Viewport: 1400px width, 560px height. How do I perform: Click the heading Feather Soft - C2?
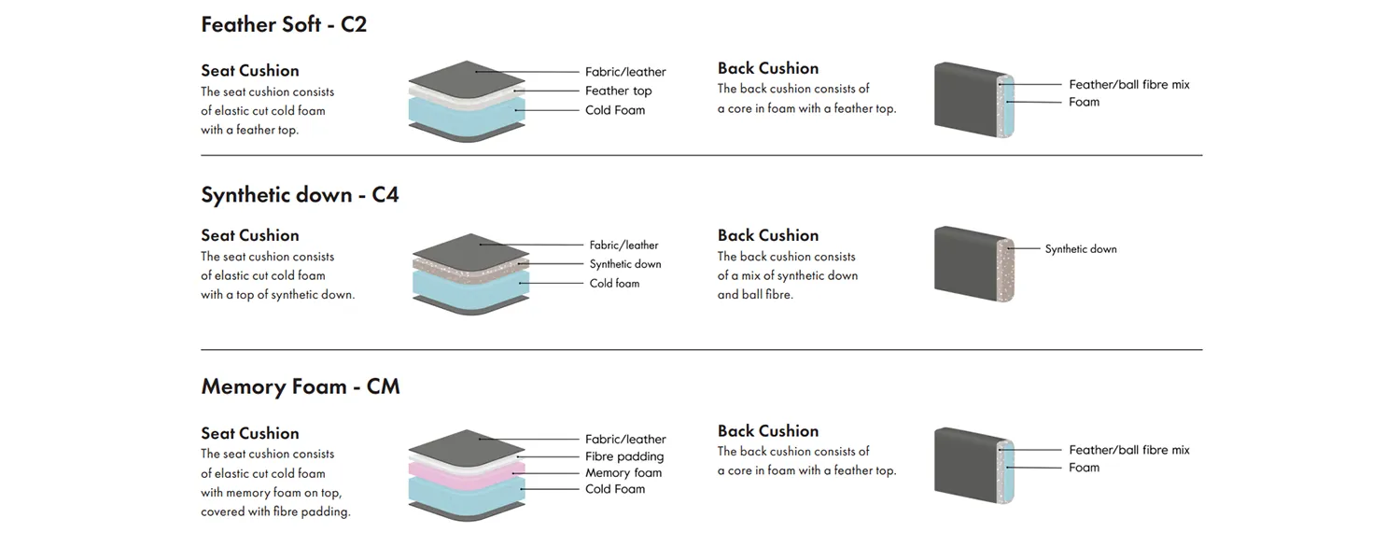(284, 24)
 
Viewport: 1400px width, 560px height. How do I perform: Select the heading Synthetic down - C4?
(300, 195)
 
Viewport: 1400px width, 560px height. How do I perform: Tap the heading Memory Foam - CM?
(300, 386)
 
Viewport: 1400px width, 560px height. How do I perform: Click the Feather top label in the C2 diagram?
(618, 91)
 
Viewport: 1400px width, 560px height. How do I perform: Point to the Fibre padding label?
(624, 456)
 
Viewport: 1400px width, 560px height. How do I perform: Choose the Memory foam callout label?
(623, 473)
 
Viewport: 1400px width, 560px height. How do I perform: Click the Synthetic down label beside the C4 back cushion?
(1080, 249)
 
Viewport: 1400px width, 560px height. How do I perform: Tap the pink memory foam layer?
(467, 470)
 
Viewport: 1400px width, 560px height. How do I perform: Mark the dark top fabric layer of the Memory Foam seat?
(467, 444)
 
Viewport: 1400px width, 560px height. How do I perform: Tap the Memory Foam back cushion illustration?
(973, 460)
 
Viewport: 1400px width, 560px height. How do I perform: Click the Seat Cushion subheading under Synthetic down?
(250, 235)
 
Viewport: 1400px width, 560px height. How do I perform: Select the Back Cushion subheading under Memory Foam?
(768, 431)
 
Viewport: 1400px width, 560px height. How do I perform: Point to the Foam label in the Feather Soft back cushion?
(1084, 102)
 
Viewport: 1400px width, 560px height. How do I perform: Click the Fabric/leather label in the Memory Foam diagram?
(625, 440)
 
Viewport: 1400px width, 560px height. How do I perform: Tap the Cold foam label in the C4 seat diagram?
(614, 284)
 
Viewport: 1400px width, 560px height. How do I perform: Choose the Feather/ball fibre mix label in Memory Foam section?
(1129, 450)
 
